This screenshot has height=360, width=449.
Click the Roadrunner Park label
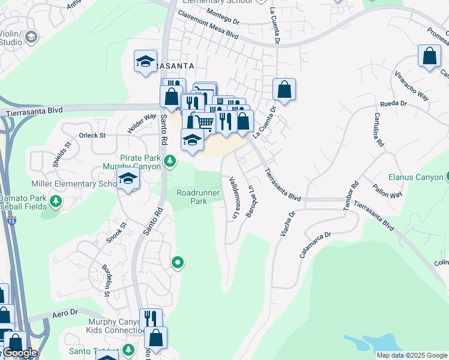coord(191,197)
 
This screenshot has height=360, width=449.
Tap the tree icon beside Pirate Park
coord(170,160)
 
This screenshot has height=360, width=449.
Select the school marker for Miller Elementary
coord(128,178)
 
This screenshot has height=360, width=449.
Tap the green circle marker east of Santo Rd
coord(178,262)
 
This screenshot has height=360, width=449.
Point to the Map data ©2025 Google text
coord(411,355)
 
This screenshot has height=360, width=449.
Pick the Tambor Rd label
coord(351,196)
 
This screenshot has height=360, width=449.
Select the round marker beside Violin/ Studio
coord(31,38)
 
